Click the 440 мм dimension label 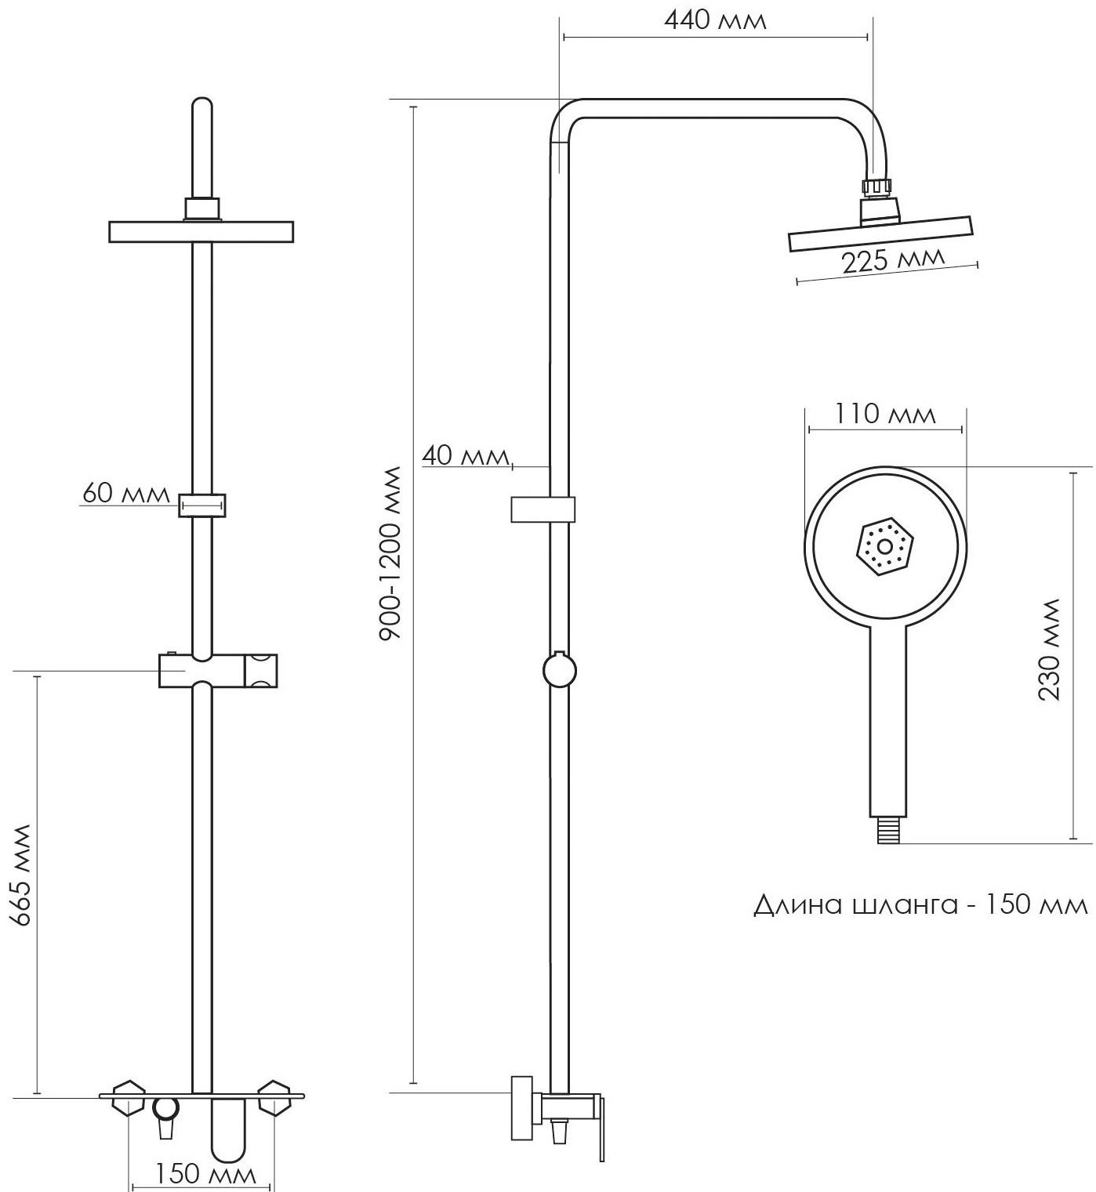714,20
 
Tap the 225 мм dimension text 894,260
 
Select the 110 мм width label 884,413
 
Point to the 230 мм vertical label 1048,650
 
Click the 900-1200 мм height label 390,553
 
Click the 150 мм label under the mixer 205,1174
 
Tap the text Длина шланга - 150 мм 920,905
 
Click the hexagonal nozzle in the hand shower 885,546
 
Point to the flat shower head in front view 201,231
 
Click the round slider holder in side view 559,671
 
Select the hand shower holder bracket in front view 217,671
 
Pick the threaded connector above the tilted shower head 877,187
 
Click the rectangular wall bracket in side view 543,509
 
